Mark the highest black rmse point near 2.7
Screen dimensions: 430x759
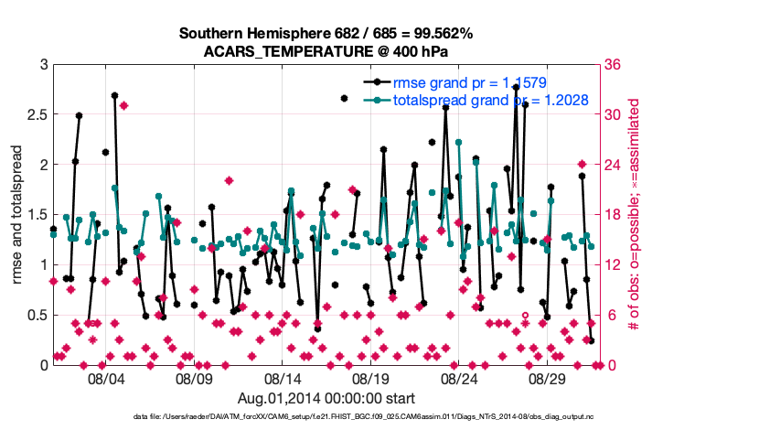pos(114,95)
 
